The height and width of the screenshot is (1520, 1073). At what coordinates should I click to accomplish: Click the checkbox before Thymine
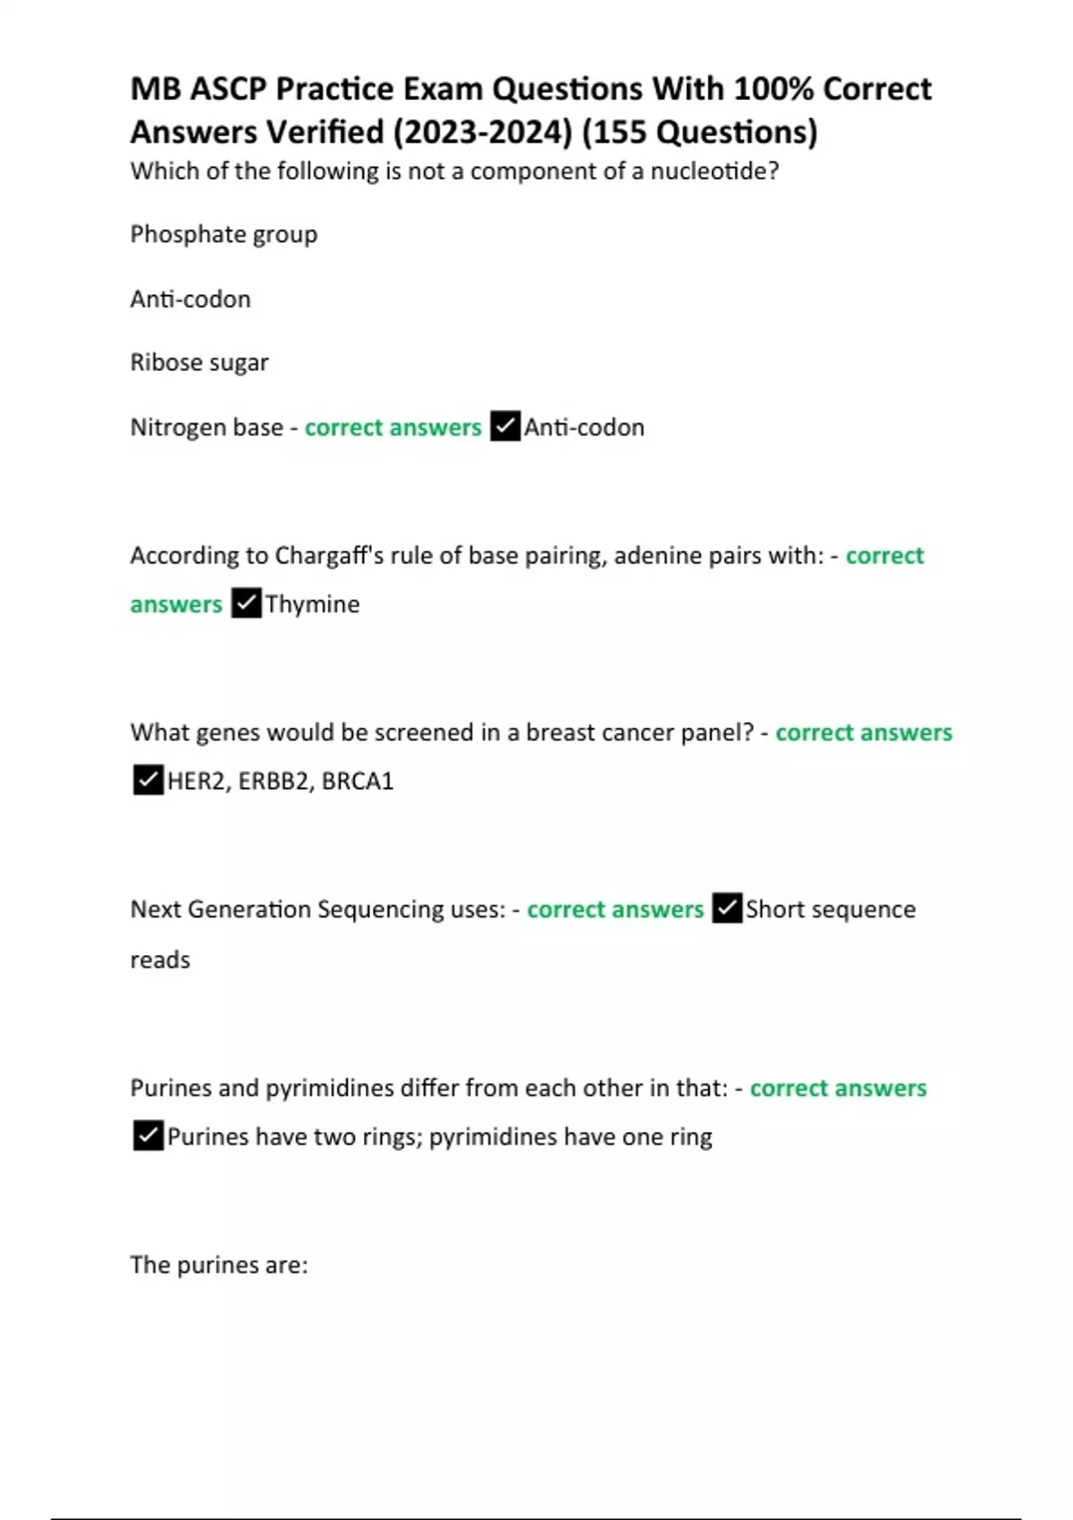[x=246, y=604]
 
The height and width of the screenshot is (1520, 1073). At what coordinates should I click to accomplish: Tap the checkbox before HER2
[x=148, y=781]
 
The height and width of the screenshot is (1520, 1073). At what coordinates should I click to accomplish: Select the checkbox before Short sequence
[x=727, y=908]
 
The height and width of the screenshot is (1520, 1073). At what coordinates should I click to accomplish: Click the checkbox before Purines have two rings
[x=148, y=1136]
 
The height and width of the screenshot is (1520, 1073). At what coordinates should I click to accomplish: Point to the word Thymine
[x=312, y=604]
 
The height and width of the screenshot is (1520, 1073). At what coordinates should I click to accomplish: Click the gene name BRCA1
[x=358, y=781]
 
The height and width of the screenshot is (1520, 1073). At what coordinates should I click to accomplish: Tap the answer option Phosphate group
[x=224, y=234]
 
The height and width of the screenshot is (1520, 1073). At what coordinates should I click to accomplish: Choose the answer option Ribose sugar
[x=199, y=362]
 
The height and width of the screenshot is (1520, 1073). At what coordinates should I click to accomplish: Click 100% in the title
[x=773, y=89]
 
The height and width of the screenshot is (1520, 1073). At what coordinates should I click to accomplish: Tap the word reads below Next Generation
[x=160, y=960]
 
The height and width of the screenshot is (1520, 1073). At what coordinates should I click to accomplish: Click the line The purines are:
[x=219, y=1265]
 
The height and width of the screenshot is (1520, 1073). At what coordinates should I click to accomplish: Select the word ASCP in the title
[x=228, y=89]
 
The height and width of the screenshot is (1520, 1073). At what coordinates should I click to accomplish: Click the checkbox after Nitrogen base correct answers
[x=505, y=426]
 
